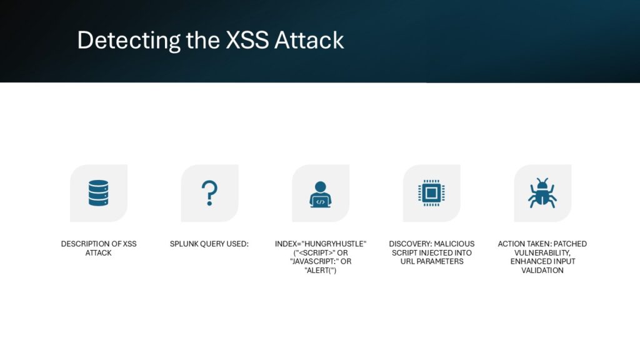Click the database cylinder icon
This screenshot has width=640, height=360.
[x=98, y=193]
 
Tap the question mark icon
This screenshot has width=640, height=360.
[x=209, y=193]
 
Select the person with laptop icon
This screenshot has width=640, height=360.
[x=321, y=194]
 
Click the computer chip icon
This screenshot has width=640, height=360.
[x=431, y=193]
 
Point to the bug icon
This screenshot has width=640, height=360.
[x=542, y=193]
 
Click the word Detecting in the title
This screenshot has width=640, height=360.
[x=129, y=41]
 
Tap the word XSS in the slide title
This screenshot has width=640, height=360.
[x=247, y=40]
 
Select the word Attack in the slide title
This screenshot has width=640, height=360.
[x=309, y=40]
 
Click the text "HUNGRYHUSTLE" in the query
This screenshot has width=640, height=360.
[x=334, y=244]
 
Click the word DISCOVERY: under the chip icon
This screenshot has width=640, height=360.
[x=410, y=244]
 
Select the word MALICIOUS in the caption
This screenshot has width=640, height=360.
[x=454, y=244]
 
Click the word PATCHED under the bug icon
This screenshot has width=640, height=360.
[x=570, y=244]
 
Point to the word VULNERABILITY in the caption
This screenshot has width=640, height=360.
[x=542, y=252]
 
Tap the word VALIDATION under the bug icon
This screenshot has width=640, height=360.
[x=542, y=270]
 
